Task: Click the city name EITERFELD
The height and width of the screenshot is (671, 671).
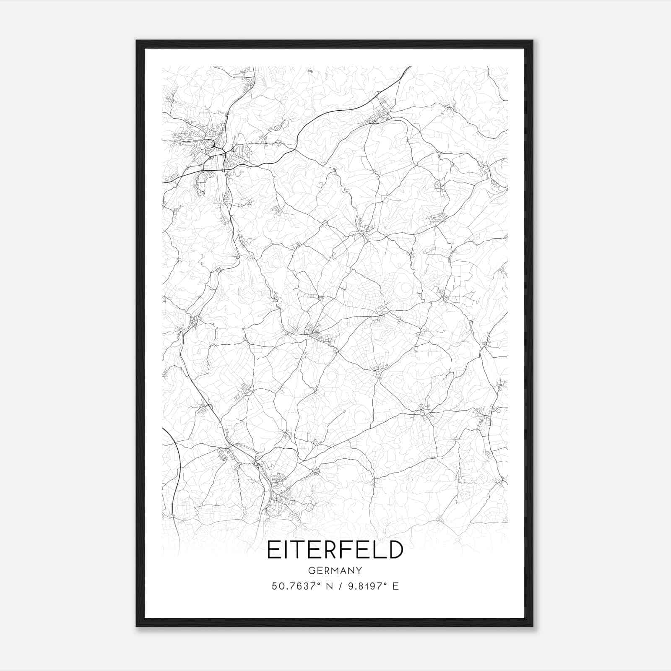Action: pos(335,550)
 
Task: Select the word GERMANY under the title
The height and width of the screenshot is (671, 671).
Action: pos(335,570)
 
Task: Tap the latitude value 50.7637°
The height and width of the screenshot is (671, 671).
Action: pos(296,586)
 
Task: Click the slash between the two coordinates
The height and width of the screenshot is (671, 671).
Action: pos(337,586)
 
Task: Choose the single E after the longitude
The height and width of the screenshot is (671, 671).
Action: pos(396,586)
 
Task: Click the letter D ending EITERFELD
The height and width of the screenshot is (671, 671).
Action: pos(395,550)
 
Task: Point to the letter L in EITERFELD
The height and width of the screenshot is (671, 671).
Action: pos(379,550)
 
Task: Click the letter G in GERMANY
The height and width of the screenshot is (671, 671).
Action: pos(311,570)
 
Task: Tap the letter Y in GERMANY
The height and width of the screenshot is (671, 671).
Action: pos(359,570)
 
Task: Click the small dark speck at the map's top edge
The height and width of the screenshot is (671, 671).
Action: pos(310,71)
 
